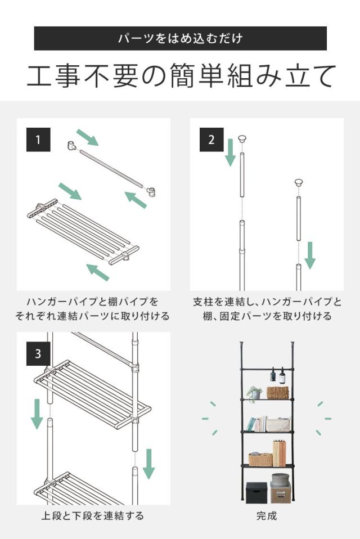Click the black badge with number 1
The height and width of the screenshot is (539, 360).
coord(38,140)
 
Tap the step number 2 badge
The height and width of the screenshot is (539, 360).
coord(211,140)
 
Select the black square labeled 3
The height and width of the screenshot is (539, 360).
coord(38,354)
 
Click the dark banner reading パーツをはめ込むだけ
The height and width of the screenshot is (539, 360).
coord(181,38)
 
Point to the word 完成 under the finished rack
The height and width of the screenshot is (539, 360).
coord(266,515)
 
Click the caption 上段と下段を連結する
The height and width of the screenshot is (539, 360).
coord(92,515)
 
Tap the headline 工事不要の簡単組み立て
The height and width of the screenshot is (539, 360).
coord(181,75)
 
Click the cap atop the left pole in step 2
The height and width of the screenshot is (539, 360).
coord(242,139)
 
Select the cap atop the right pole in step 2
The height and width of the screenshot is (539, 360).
coord(298,183)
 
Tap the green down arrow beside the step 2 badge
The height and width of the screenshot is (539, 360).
coord(230,152)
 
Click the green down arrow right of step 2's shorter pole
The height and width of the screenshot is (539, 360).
coord(310,255)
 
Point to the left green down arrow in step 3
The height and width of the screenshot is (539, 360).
coord(37,414)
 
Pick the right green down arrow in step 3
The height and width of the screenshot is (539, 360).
coord(148,464)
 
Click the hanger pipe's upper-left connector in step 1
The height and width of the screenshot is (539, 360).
coord(71,146)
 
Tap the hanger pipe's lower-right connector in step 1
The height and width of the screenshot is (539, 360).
coord(151,192)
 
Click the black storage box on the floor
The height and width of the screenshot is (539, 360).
coord(256,492)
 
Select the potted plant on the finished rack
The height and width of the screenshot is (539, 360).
coord(254,394)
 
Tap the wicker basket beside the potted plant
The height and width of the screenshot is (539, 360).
coord(277,393)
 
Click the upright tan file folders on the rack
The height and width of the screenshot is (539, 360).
coord(279,453)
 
